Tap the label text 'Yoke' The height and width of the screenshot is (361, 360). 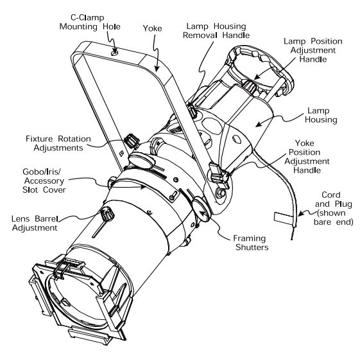[x=152, y=28]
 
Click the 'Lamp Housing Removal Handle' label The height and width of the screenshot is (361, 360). [x=216, y=31]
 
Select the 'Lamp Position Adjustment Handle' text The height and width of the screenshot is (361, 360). [x=313, y=50]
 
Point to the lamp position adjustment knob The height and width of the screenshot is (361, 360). [x=250, y=86]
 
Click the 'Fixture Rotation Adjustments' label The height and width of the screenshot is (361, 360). [x=58, y=143]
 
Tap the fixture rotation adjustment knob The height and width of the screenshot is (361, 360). [x=132, y=141]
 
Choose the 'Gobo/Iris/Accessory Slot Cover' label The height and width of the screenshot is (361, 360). [x=44, y=180]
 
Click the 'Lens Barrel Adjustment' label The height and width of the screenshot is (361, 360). [x=35, y=223]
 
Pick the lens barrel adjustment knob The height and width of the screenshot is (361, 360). [x=107, y=214]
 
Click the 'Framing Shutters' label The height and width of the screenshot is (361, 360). [x=251, y=243]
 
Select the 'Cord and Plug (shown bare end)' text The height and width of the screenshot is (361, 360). [x=333, y=208]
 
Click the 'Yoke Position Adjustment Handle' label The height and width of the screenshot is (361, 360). [x=307, y=157]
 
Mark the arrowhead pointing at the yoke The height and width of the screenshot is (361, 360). [x=157, y=68]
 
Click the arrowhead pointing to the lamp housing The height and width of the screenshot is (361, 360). [x=259, y=124]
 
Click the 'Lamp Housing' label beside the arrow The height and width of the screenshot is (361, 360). [x=321, y=115]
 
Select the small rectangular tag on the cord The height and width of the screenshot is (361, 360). [x=283, y=218]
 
